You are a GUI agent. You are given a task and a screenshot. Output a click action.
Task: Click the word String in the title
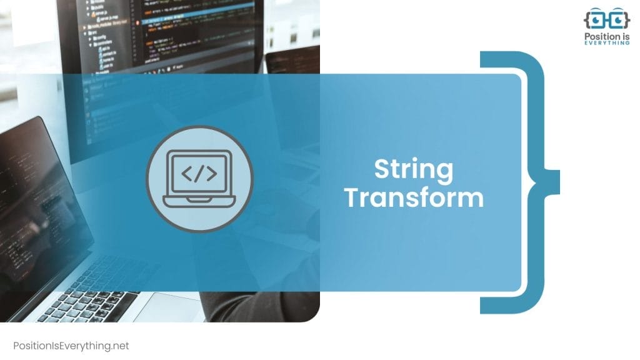click(x=414, y=170)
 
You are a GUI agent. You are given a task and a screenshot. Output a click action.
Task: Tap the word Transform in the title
click(x=414, y=197)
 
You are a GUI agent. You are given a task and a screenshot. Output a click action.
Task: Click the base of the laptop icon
click(x=199, y=201)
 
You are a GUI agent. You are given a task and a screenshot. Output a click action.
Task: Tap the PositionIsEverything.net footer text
click(x=71, y=346)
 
